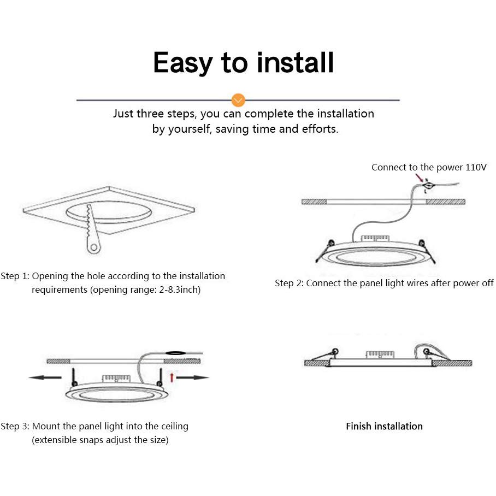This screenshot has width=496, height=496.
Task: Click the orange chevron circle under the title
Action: [238, 100]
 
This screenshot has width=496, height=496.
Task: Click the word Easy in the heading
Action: [183, 63]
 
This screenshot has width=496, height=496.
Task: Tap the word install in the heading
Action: [295, 62]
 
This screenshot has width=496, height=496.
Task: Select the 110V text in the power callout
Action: [476, 167]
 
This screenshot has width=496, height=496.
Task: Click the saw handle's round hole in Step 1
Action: [93, 247]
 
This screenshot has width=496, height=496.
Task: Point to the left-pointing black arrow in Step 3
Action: [45, 377]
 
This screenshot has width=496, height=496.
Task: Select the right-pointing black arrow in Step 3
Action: [193, 377]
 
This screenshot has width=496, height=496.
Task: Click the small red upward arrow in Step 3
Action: [172, 377]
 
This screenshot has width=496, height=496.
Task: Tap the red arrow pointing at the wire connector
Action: [420, 178]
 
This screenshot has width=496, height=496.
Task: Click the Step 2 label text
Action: [289, 283]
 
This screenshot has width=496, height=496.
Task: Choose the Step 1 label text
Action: [15, 276]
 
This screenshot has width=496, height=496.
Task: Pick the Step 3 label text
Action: [15, 426]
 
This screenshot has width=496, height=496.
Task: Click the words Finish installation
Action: [385, 426]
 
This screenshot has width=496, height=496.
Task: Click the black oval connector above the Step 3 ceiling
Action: [176, 352]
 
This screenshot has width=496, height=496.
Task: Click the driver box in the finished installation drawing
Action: [380, 355]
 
